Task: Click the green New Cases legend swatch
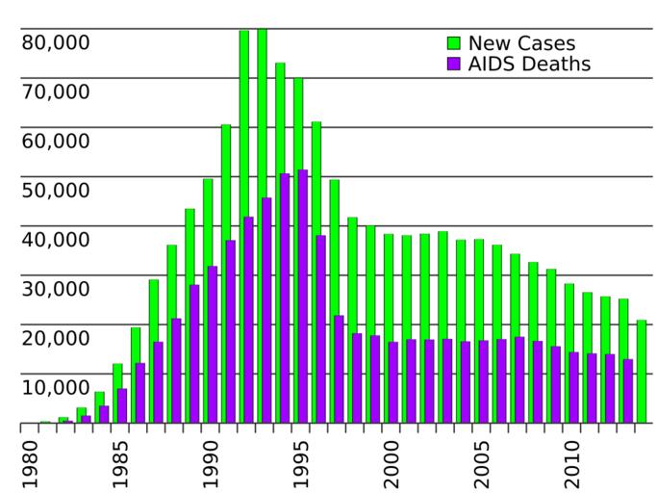[454, 43]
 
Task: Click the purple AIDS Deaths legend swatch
[454, 65]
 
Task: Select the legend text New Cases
[521, 43]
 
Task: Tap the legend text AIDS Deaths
[529, 65]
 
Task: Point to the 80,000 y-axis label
[55, 42]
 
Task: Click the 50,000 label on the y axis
[55, 190]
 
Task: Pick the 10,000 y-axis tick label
[55, 387]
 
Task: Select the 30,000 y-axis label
[55, 289]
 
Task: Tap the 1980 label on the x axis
[29, 462]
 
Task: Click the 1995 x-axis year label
[300, 462]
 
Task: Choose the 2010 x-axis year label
[570, 462]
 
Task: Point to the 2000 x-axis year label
[391, 462]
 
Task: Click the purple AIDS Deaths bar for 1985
[122, 405]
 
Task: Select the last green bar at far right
[642, 371]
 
